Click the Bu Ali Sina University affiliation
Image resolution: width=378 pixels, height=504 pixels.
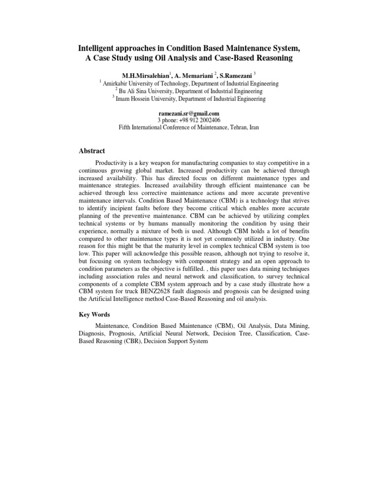tap(189, 91)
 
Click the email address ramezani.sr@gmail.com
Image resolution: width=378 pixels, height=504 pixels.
tap(189, 113)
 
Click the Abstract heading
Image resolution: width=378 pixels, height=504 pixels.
tap(92, 151)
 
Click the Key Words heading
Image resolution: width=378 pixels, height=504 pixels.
tap(94, 315)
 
